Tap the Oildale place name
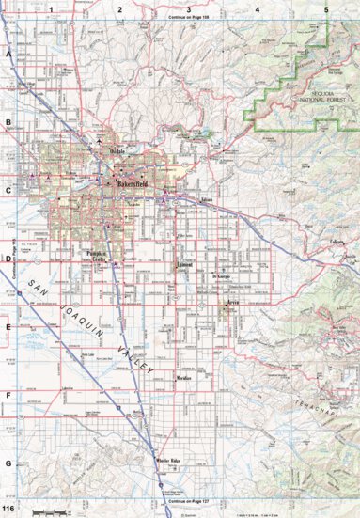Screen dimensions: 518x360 coord(116,149)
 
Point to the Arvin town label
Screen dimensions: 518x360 coord(231,302)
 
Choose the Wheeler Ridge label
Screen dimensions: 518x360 coord(169,460)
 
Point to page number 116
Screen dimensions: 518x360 coord(8,509)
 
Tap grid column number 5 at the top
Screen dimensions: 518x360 coord(325,8)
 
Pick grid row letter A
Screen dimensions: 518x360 coord(8,55)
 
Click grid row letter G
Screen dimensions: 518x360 coord(8,463)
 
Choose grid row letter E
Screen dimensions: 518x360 coord(8,327)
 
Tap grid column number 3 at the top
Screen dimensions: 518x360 coord(189,8)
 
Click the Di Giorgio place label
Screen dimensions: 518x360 coord(220,278)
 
